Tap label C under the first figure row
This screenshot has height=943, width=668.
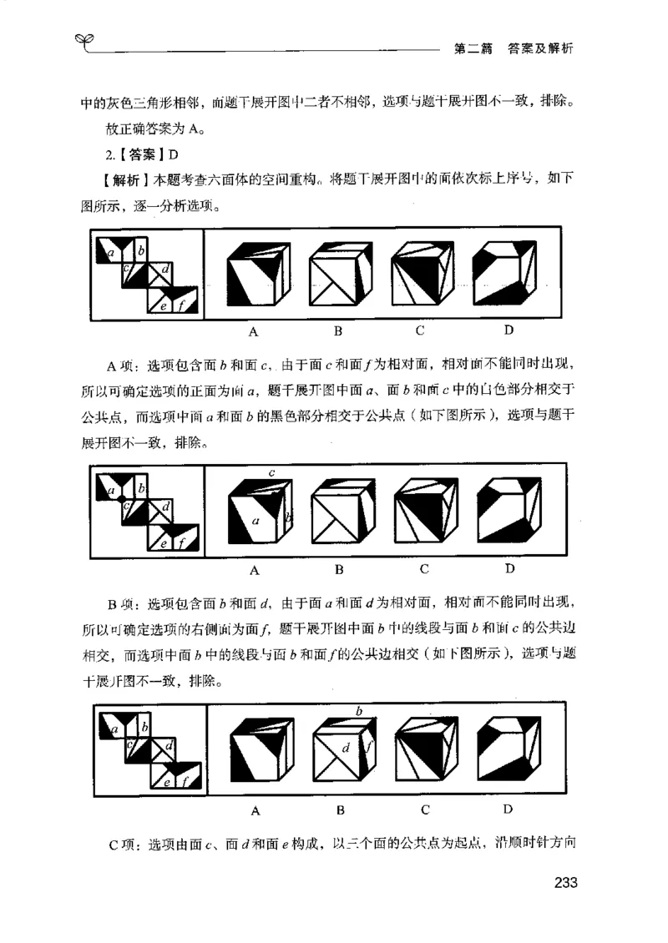pyautogui.click(x=420, y=330)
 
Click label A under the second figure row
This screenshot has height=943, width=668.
pyautogui.click(x=255, y=570)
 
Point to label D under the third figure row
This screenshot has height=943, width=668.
pyautogui.click(x=509, y=809)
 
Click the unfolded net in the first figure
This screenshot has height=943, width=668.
pyautogui.click(x=147, y=275)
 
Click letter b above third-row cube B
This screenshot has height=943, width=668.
pyautogui.click(x=358, y=711)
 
